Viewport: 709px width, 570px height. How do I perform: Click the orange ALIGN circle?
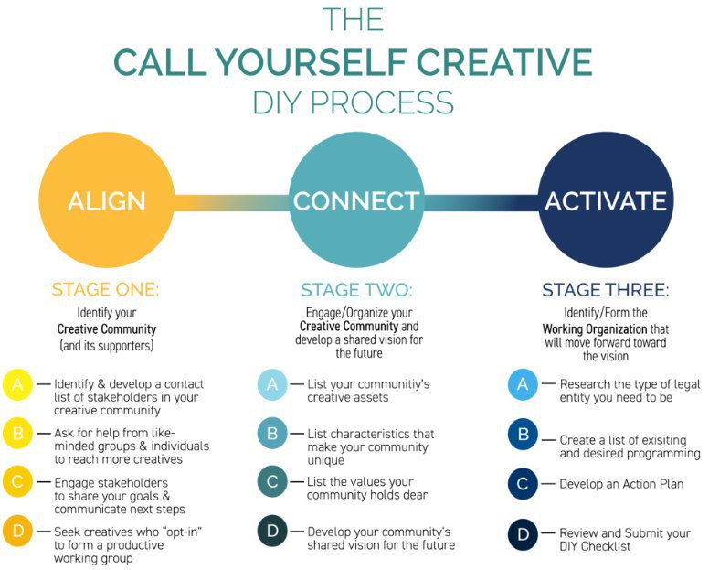(107, 200)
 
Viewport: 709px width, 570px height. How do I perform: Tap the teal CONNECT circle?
(356, 200)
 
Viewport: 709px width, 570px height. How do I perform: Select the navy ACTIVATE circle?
(606, 200)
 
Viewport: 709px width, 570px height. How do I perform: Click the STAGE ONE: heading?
(105, 289)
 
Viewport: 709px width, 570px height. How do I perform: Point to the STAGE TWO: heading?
(356, 290)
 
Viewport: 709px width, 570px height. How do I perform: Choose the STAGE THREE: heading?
(606, 290)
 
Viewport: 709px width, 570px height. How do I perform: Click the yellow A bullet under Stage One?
(17, 384)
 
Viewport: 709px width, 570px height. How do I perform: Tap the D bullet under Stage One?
(17, 531)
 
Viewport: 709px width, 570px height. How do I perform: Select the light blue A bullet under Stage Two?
(272, 384)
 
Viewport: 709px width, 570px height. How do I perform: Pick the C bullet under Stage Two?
(272, 481)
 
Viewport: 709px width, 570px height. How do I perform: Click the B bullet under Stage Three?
(523, 435)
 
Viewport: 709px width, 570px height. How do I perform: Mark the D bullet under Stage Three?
(523, 534)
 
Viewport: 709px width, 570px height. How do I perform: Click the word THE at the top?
(354, 19)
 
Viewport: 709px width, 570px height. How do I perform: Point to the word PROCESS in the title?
(382, 102)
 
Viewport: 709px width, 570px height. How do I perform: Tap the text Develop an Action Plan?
(621, 484)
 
